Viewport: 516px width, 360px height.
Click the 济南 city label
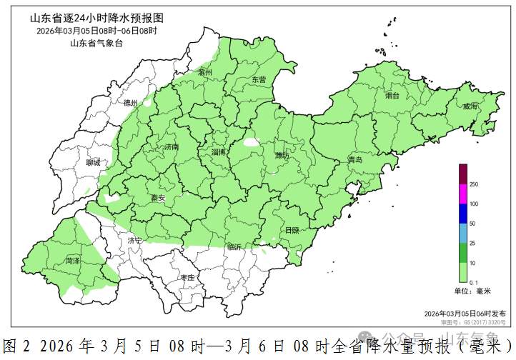coord(172,147)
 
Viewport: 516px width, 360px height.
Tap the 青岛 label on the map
coord(355,159)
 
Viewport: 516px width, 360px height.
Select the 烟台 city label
coord(392,95)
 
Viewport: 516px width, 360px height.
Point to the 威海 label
coord(470,106)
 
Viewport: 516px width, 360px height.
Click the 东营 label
coord(259,80)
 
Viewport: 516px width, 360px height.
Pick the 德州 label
coord(130,104)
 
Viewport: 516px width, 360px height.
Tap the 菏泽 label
coord(73,261)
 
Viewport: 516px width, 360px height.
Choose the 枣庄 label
coord(188,277)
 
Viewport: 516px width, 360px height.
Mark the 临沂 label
coord(234,247)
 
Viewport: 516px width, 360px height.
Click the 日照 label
coord(292,231)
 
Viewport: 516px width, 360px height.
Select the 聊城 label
coord(93,163)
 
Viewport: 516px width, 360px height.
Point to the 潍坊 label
coord(283,155)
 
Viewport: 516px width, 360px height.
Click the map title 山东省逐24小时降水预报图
coord(97,16)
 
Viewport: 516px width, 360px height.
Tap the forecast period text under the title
coord(96,30)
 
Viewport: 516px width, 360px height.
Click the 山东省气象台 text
coord(96,44)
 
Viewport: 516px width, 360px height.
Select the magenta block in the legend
coord(462,194)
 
